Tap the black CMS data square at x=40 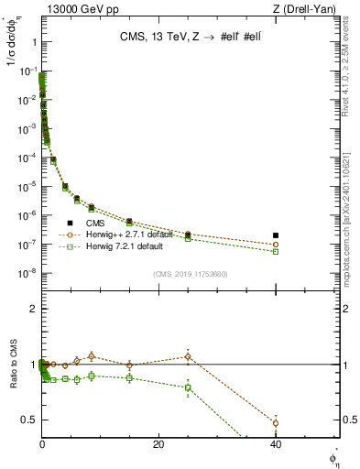pos(276,235)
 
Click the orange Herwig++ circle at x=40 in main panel pos(276,245)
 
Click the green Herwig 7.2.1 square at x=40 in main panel pos(276,251)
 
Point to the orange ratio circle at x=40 pos(276,422)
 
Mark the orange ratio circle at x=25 pos(188,356)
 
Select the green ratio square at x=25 pos(188,387)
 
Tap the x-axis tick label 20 pos(158,444)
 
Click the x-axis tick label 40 pos(276,444)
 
